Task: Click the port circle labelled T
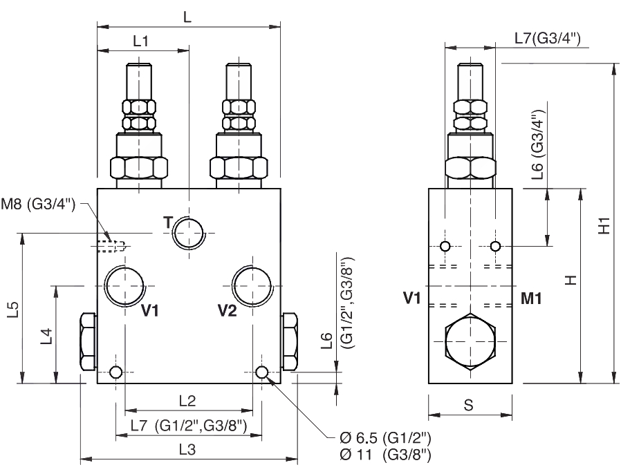pos(189,233)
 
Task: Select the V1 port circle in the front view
pos(124,285)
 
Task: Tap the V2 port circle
pos(252,285)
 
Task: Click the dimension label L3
pos(187,450)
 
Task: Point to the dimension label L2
pos(187,401)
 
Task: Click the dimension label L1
pos(140,41)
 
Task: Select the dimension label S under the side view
pos(469,405)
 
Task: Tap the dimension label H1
pos(604,225)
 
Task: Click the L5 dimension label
pos(13,310)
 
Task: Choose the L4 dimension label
pos(47,336)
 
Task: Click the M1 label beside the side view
pos(531,298)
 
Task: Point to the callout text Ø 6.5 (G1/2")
pos(385,438)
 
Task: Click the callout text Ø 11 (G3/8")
pos(385,455)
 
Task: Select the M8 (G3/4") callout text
pos(38,204)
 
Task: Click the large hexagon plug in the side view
pos(470,341)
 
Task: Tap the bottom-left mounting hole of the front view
pos(116,372)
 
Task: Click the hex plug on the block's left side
pos(89,341)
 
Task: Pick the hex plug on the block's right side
pos(290,341)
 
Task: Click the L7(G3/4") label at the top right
pos(548,39)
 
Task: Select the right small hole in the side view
pos(495,247)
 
